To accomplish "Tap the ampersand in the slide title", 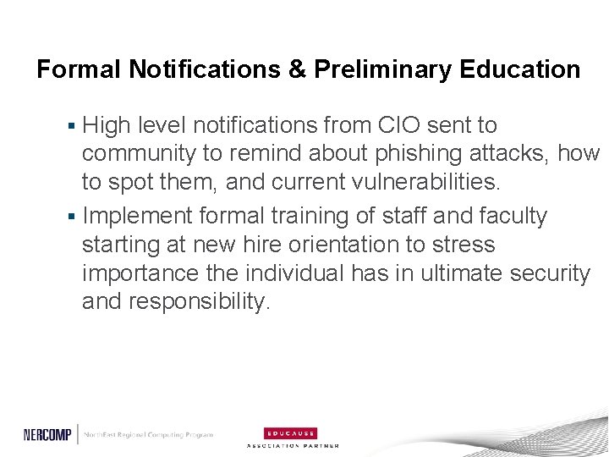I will click(x=297, y=69).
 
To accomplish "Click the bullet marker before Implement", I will click(x=73, y=217).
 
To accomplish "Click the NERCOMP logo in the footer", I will click(x=49, y=434).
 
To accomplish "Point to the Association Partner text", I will click(x=293, y=445).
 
